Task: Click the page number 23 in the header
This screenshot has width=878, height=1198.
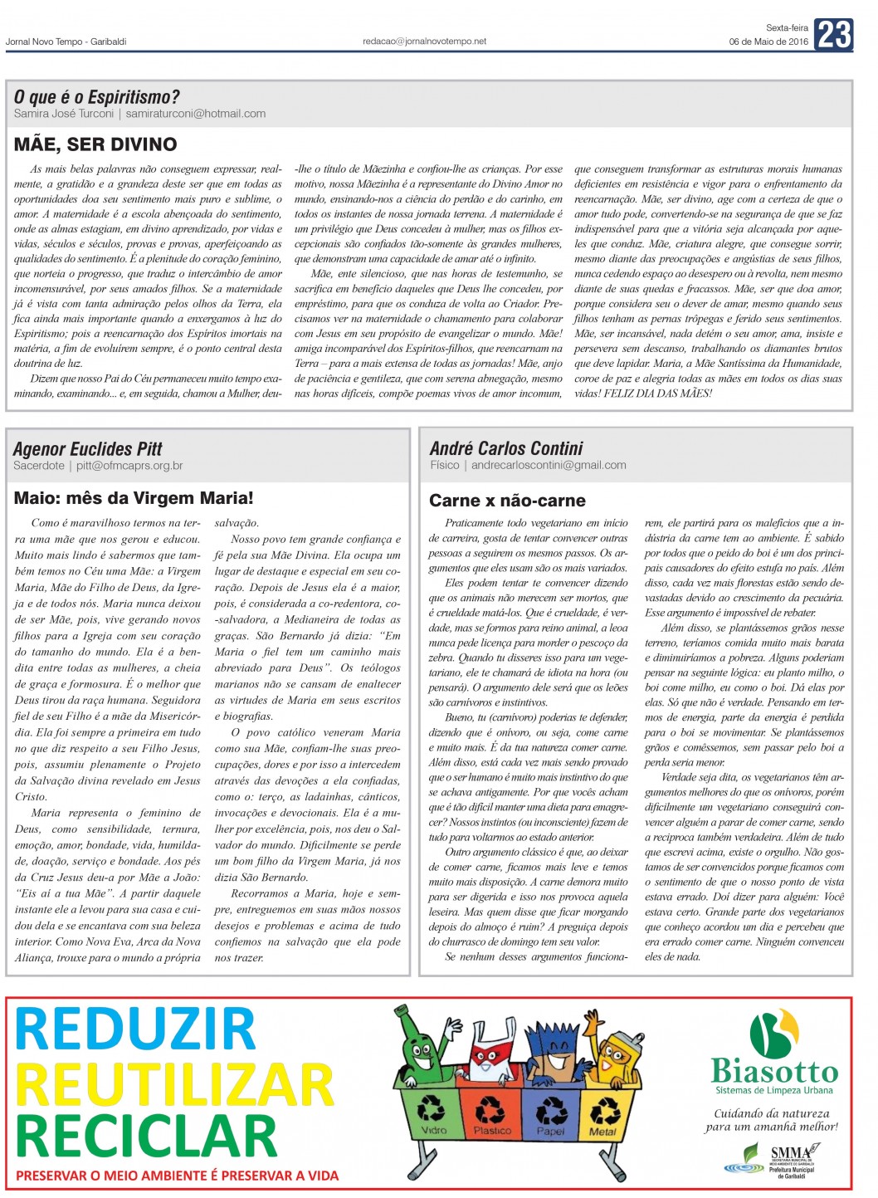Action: pos(833,35)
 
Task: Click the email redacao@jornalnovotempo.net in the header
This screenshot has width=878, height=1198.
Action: pos(424,41)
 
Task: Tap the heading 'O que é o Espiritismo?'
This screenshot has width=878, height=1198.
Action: pos(96,97)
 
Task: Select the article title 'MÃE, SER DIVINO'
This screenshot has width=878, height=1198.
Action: pos(95,144)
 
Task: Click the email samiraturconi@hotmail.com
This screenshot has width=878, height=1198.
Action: pos(196,114)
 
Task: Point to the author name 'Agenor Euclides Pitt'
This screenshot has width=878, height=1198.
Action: pos(88,449)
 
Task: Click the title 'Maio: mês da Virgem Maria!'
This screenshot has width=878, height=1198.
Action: pos(134,498)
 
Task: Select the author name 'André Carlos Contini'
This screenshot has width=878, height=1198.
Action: pos(506,448)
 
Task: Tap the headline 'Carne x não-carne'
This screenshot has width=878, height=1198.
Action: pos(507,501)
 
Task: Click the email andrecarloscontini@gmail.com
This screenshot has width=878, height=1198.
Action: pos(549,465)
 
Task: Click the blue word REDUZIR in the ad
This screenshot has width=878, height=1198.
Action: pos(135,1029)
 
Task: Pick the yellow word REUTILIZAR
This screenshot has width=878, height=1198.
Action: pos(174,1083)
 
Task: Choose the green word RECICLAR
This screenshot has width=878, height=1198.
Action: pos(146,1135)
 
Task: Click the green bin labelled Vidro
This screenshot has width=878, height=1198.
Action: pos(433,1113)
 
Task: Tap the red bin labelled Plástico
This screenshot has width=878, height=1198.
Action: pos(491,1113)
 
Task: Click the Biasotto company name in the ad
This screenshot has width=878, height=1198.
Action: pos(774,1071)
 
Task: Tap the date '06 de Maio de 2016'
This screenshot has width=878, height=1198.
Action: pos(768,42)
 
